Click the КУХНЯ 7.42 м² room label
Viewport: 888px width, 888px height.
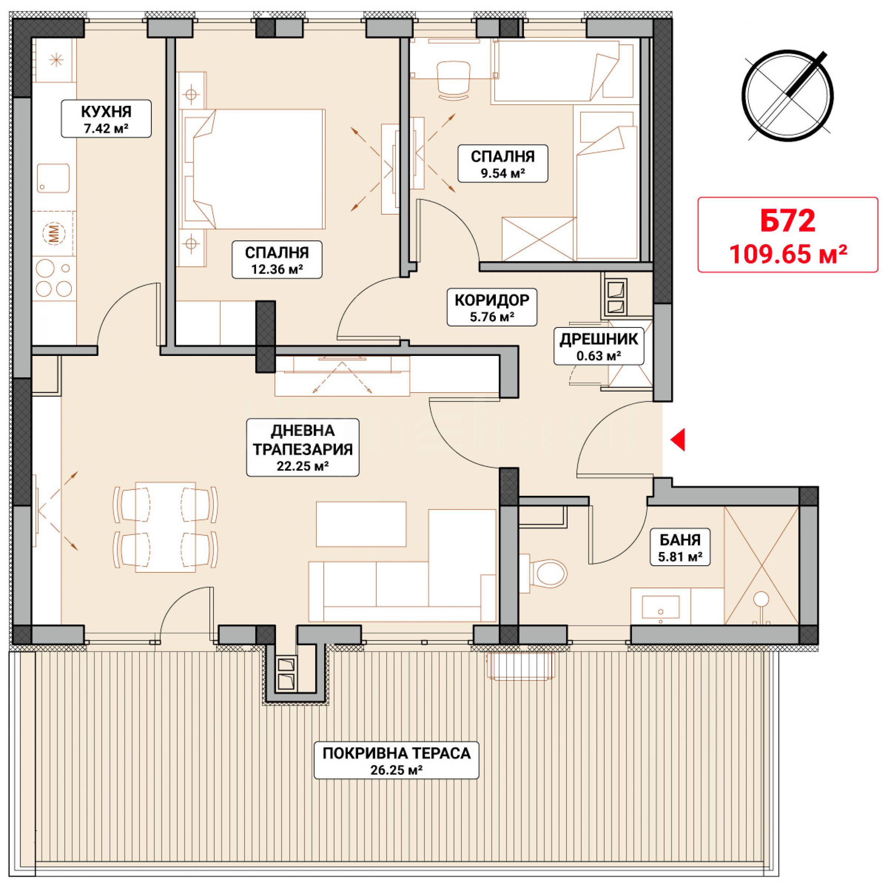(106, 119)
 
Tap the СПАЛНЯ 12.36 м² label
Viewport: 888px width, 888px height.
(277, 260)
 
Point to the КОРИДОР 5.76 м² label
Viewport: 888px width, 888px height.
(492, 307)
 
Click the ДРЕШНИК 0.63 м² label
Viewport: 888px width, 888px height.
(599, 347)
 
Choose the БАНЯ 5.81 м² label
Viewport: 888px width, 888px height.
(680, 547)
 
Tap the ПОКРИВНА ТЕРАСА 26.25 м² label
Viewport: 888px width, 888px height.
(396, 760)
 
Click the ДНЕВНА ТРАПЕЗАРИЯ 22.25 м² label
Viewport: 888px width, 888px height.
(302, 447)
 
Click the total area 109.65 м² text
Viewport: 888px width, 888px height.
(788, 254)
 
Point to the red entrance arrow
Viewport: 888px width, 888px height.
(678, 440)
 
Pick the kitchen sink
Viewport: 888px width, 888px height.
(53, 178)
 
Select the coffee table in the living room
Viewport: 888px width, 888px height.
(361, 524)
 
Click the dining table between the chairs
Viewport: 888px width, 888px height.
(166, 527)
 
